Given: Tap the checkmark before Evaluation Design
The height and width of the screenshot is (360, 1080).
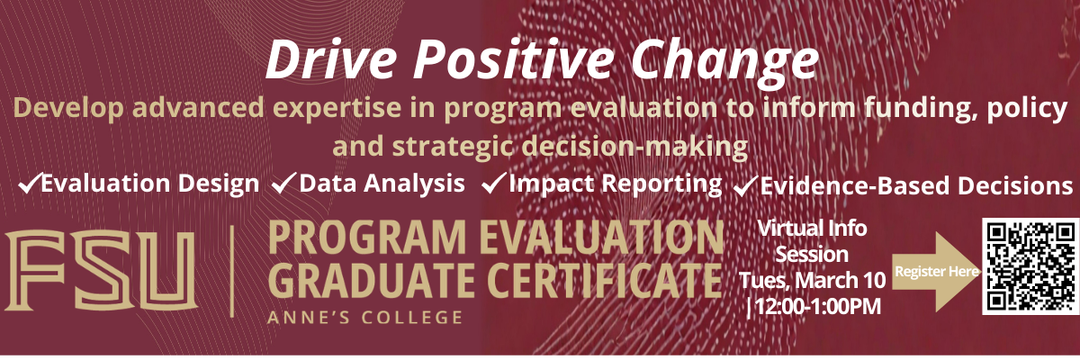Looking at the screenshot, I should click(28, 184).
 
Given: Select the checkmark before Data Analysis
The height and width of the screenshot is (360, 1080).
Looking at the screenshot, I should click(284, 184).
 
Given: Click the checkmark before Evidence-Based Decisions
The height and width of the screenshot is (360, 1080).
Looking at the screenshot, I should click(744, 186).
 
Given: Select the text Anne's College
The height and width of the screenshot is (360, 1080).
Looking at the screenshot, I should click(365, 317).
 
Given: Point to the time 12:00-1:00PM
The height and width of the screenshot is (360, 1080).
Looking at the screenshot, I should click(814, 308).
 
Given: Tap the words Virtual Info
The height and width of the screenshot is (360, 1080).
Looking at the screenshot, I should click(813, 228).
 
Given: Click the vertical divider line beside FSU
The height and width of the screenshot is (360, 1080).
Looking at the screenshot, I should click(233, 270).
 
